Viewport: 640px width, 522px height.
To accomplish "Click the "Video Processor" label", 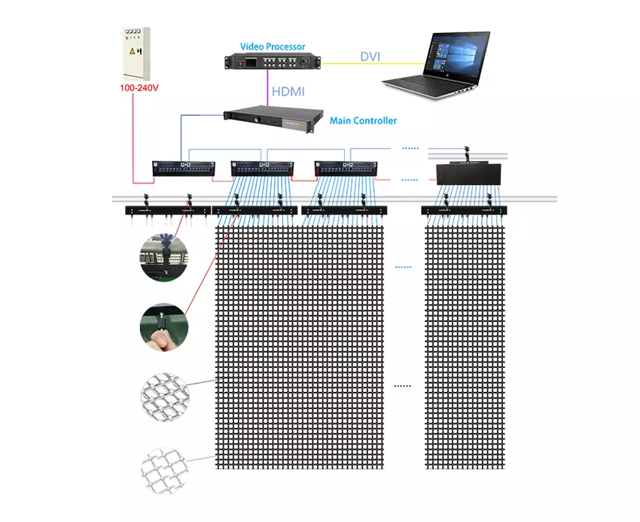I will click(273, 47).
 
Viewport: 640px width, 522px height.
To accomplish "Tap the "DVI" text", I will click(370, 57).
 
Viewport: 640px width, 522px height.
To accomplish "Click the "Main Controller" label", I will click(363, 120).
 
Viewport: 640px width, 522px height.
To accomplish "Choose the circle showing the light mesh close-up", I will click(163, 464).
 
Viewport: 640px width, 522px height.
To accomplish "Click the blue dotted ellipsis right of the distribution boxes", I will click(410, 148).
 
